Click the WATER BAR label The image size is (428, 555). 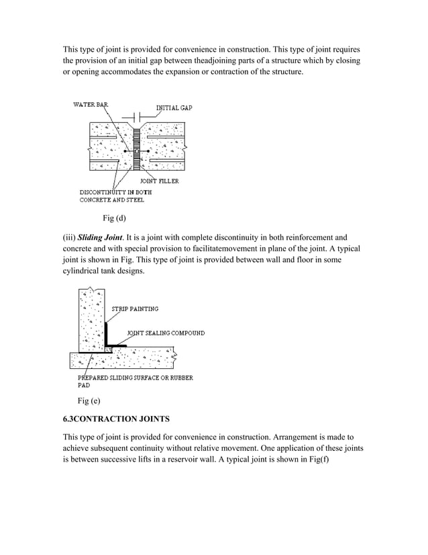[91, 104]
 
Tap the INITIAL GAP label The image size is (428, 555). [174, 108]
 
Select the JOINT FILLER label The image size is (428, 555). [159, 181]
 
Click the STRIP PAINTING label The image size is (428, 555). [134, 309]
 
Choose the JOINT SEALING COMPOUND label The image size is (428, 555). [166, 333]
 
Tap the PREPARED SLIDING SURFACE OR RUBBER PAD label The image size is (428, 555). [136, 382]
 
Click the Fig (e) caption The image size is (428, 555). [89, 401]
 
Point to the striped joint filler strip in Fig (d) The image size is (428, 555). [136, 148]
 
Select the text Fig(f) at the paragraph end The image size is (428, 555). [332, 462]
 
